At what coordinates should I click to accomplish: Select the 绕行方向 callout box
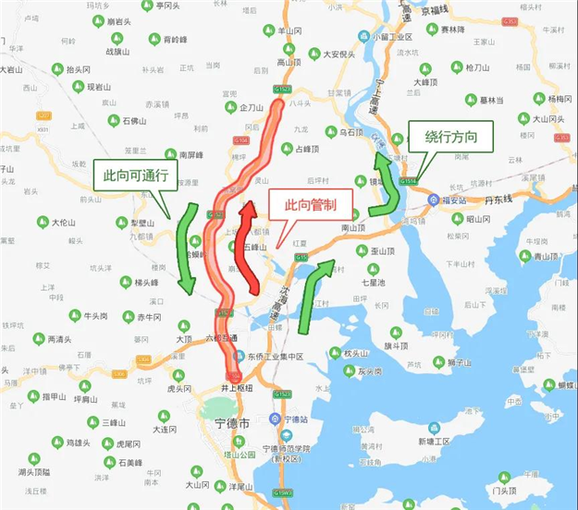point(450,138)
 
